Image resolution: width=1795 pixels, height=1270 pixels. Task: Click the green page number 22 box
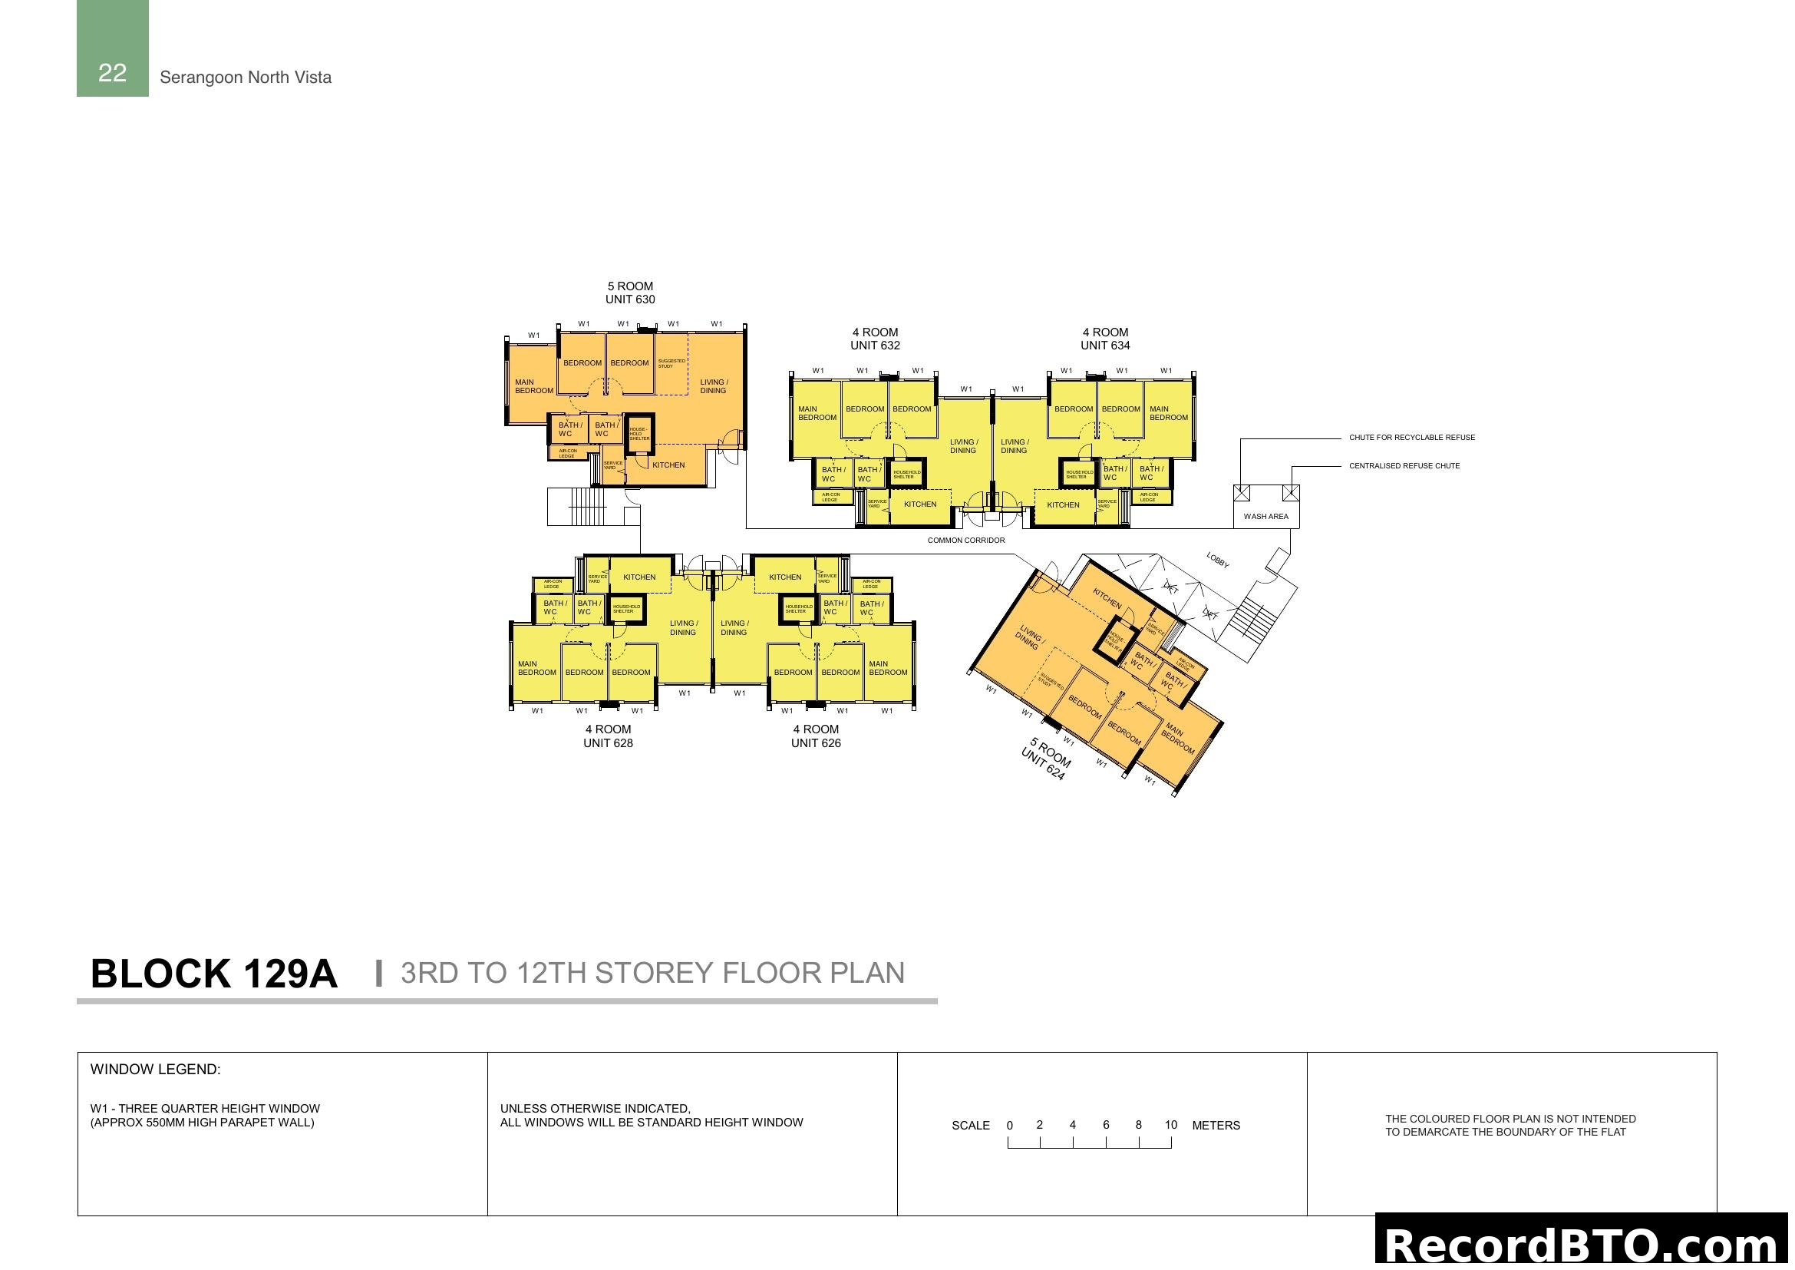pyautogui.click(x=113, y=49)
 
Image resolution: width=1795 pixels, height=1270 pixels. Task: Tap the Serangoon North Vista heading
pyautogui.click(x=246, y=78)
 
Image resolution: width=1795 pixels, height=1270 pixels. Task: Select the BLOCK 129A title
pyautogui.click(x=213, y=974)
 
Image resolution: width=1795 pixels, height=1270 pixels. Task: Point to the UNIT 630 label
pyautogui.click(x=630, y=299)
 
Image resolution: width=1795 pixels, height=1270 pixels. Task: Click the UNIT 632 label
pyautogui.click(x=875, y=346)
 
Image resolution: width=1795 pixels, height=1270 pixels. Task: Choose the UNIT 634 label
pyautogui.click(x=1105, y=346)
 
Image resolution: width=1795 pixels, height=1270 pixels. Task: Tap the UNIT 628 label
pyautogui.click(x=608, y=743)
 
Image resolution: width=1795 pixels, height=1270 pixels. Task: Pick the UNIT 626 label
pyautogui.click(x=816, y=743)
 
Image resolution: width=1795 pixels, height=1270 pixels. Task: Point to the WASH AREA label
pyautogui.click(x=1265, y=516)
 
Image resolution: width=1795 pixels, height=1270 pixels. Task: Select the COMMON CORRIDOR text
pyautogui.click(x=966, y=541)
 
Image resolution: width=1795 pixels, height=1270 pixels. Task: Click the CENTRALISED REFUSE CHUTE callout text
pyautogui.click(x=1404, y=466)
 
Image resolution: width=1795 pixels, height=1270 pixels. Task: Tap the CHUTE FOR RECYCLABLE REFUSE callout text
pyautogui.click(x=1412, y=438)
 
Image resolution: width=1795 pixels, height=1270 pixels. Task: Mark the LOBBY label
pyautogui.click(x=1217, y=560)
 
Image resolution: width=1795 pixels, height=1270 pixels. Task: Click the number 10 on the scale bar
pyautogui.click(x=1170, y=1126)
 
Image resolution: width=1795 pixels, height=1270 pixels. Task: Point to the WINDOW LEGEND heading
pyautogui.click(x=156, y=1070)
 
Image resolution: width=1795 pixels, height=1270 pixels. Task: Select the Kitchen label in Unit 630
pyautogui.click(x=668, y=465)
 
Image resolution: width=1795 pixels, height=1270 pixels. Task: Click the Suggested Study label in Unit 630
pyautogui.click(x=671, y=364)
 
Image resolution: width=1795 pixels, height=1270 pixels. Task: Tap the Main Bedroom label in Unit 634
pyautogui.click(x=1169, y=413)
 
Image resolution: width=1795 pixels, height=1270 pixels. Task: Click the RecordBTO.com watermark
pyautogui.click(x=1583, y=1245)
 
